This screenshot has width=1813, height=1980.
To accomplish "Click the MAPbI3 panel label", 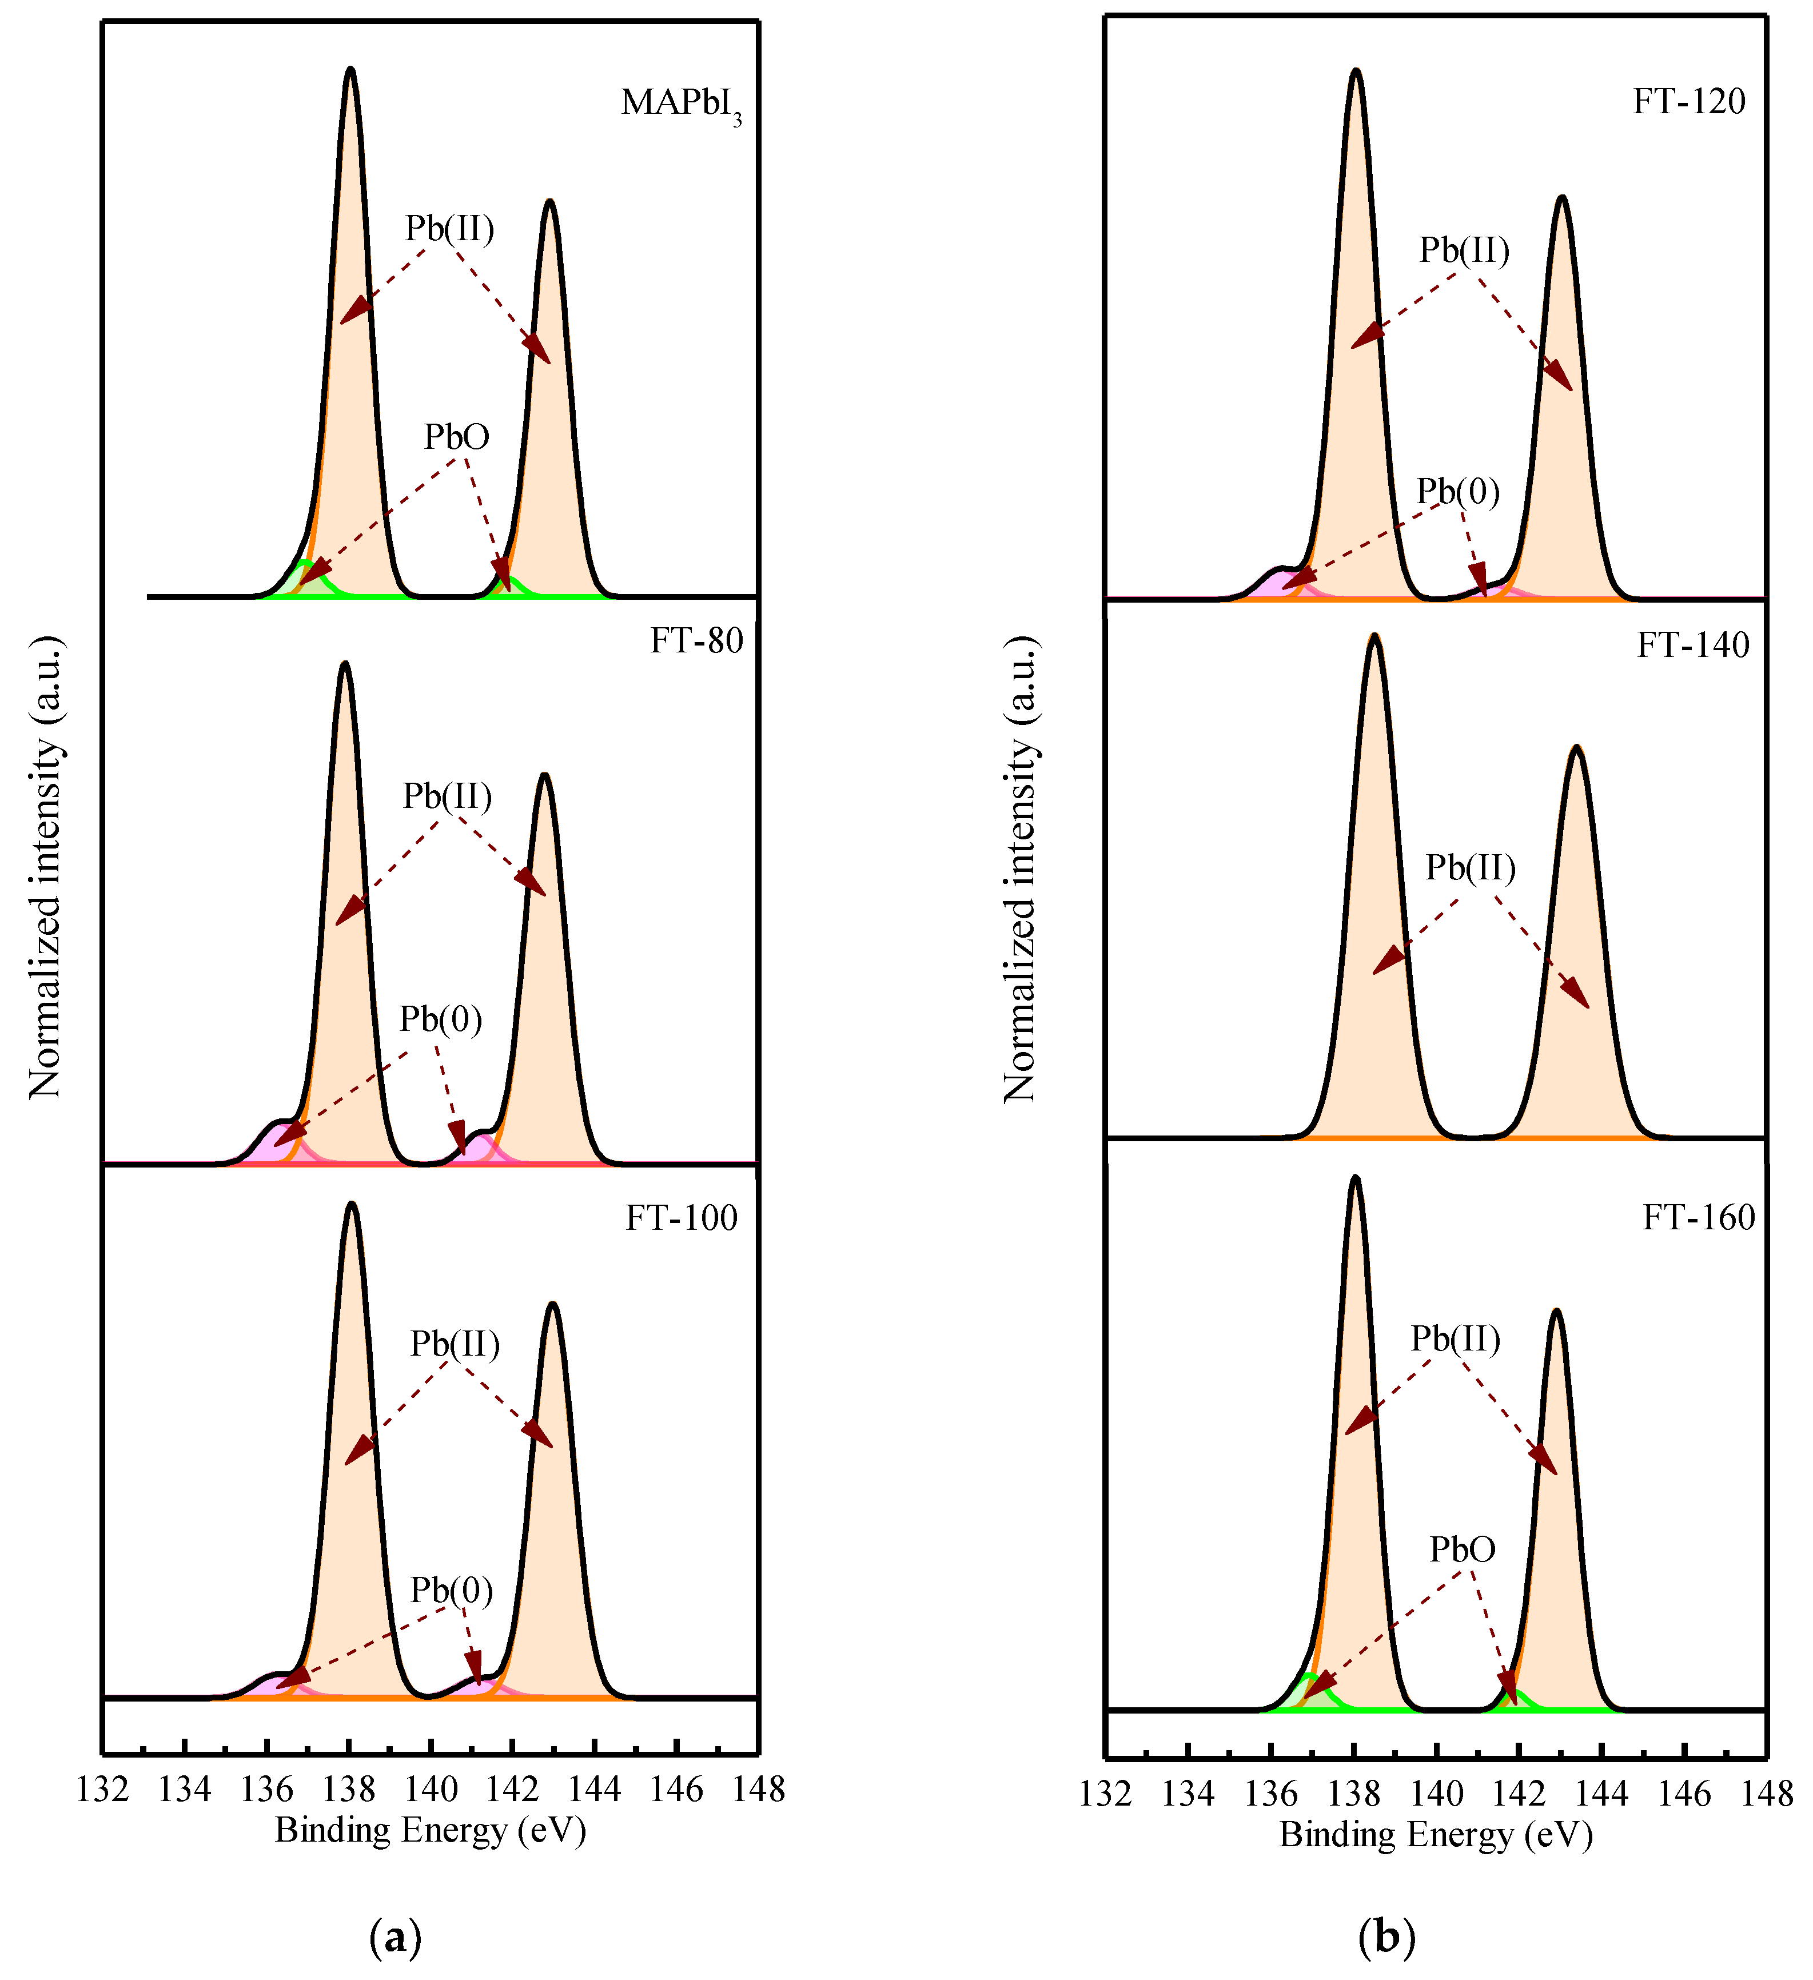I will (680, 104).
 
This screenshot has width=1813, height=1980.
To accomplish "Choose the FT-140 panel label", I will (1692, 646).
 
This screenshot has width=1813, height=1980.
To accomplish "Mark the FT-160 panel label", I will (1698, 1218).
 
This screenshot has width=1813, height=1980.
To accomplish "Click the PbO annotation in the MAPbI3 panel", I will (457, 437).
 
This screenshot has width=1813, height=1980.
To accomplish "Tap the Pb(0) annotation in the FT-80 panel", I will (440, 1019).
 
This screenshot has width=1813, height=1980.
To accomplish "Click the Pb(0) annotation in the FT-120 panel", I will (1457, 491).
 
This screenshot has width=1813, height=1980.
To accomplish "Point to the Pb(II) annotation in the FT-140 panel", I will (1470, 867).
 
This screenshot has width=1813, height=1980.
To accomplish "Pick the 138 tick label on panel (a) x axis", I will (349, 1790).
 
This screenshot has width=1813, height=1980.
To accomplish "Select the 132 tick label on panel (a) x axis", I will (102, 1790).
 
